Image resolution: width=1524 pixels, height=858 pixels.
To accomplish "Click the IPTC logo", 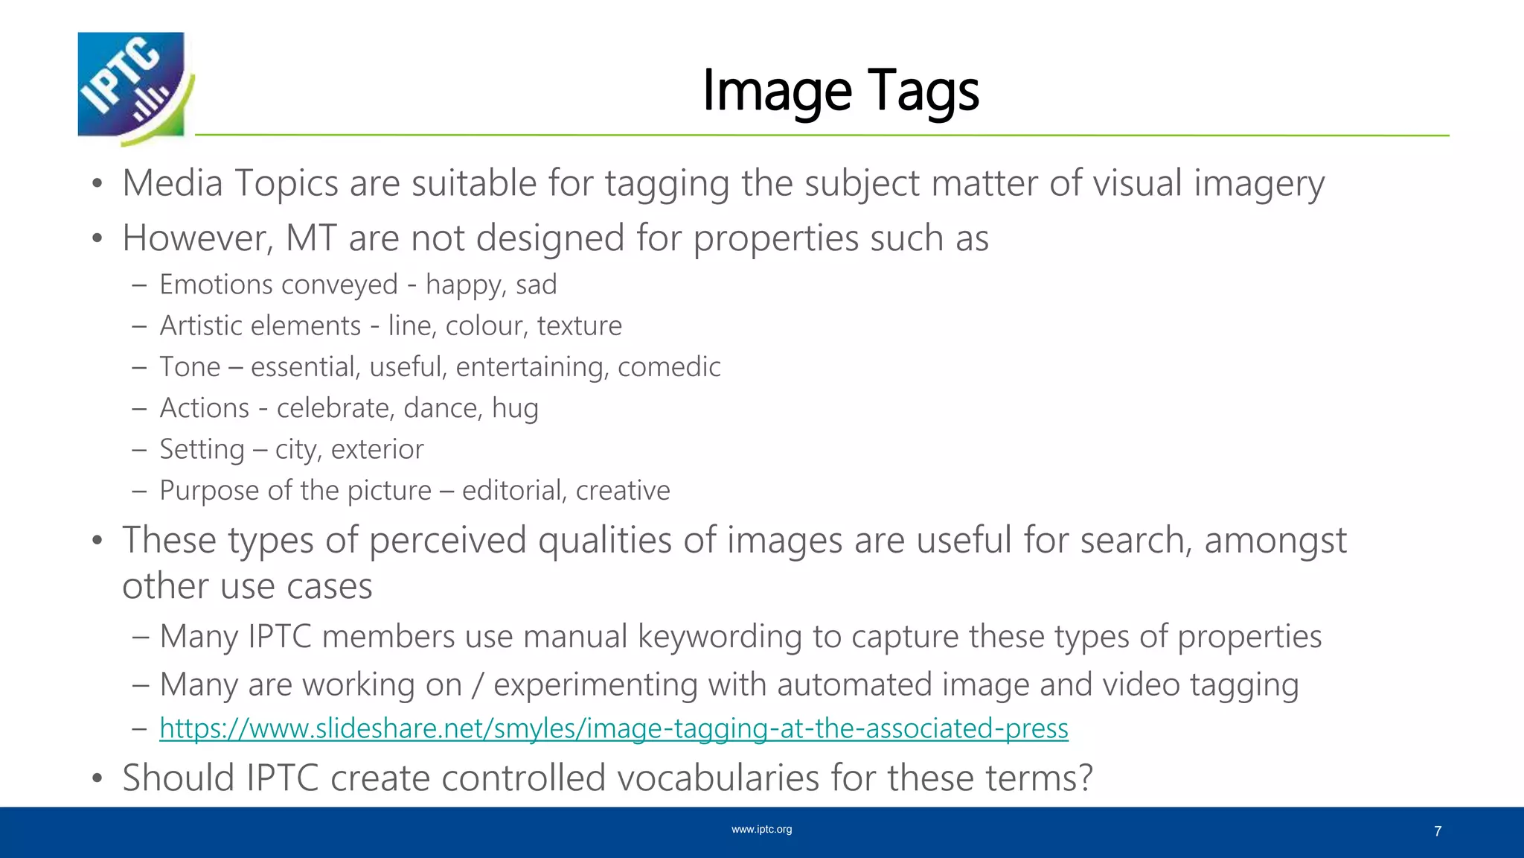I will click(134, 87).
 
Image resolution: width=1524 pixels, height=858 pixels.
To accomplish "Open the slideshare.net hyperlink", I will click(613, 728).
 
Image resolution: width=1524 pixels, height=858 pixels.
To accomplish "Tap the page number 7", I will click(1438, 831).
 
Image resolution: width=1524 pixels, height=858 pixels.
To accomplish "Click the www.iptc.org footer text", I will click(761, 830).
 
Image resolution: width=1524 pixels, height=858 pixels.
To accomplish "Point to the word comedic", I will click(668, 367).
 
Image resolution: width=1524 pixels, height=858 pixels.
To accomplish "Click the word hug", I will click(515, 408).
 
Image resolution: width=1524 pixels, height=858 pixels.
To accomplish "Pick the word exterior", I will click(377, 449).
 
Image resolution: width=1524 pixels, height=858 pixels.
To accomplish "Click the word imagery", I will click(1259, 184).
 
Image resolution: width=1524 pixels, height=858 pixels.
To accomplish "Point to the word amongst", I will click(1275, 540).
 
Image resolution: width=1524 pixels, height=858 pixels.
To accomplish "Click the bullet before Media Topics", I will click(97, 184).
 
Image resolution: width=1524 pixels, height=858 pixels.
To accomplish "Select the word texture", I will click(579, 325).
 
